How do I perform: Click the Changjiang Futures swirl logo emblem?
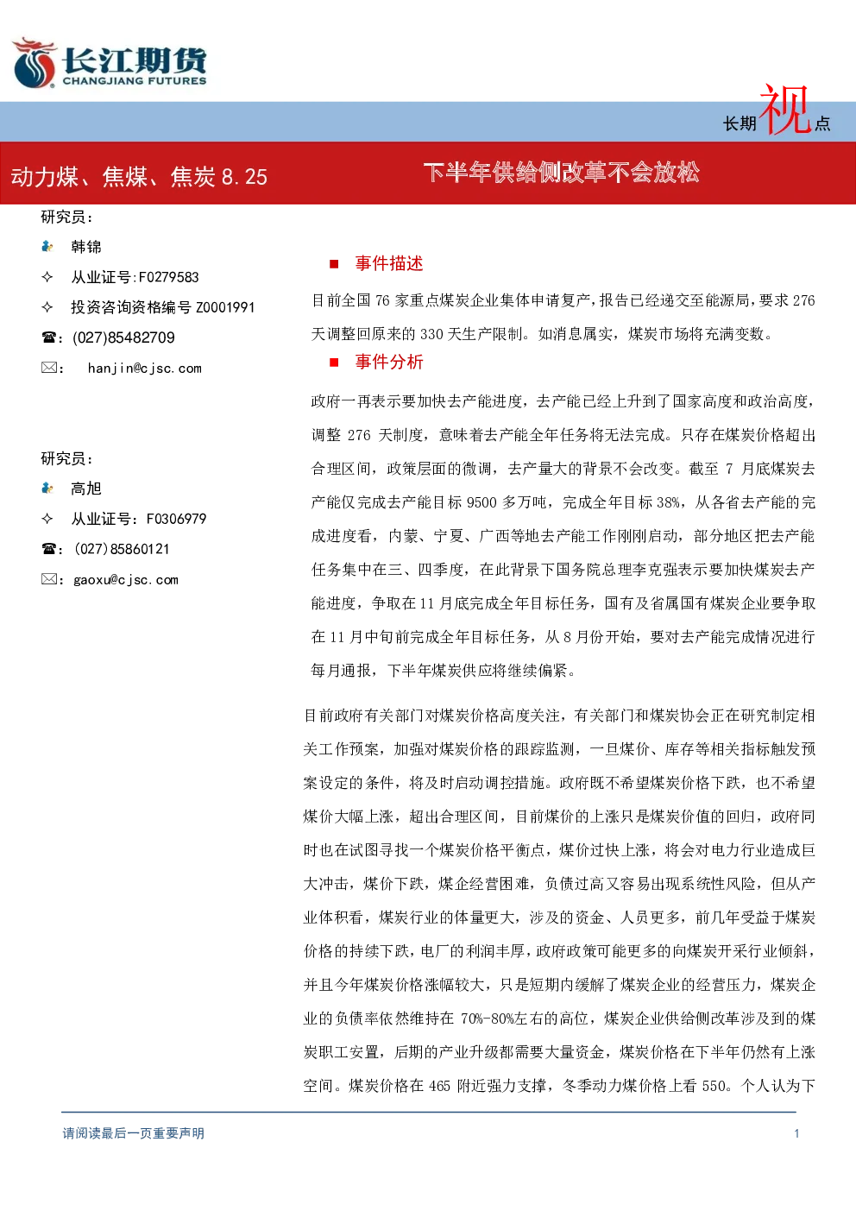click(x=35, y=63)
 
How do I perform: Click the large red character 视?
click(x=785, y=109)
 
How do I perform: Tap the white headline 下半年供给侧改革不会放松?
click(x=562, y=173)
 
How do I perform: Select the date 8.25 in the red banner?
click(x=244, y=177)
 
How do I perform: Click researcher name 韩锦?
click(x=86, y=247)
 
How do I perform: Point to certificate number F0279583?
click(x=168, y=277)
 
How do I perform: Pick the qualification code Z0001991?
click(x=225, y=307)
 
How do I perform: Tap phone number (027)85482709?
click(x=123, y=337)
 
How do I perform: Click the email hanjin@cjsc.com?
click(x=145, y=369)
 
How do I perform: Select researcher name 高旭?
click(x=86, y=489)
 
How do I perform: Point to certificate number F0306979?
click(x=177, y=519)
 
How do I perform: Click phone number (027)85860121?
click(x=122, y=549)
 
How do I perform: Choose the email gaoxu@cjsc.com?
click(x=126, y=580)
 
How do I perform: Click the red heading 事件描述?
click(x=389, y=264)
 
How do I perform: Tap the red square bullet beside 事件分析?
click(x=334, y=363)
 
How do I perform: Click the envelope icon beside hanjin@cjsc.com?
click(x=49, y=368)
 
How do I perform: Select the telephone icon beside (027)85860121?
click(x=48, y=549)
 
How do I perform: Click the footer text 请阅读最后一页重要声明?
click(x=134, y=1133)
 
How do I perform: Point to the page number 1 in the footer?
click(x=796, y=1133)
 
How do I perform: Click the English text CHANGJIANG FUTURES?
click(x=135, y=81)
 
